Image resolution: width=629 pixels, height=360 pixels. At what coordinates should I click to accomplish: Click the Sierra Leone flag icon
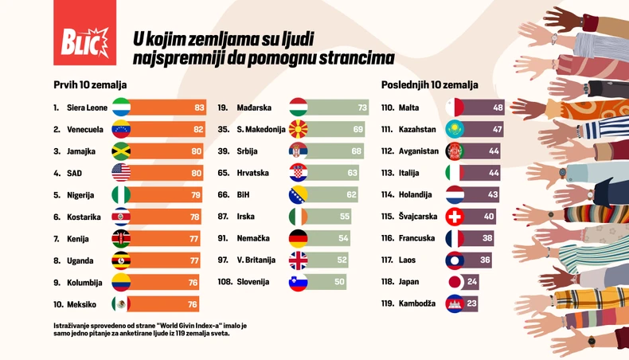coord(121,108)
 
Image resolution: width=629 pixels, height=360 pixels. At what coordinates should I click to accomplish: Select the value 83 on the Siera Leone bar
coord(199,108)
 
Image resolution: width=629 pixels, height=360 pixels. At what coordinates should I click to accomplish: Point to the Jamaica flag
coord(121,151)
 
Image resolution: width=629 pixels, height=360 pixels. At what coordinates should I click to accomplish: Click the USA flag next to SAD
coord(121,173)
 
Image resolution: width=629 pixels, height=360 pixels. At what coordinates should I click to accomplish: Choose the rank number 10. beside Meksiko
coord(58,303)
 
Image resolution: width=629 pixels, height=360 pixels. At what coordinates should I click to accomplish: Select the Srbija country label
coord(249,151)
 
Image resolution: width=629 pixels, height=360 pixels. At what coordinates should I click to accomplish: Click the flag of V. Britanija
coord(298,260)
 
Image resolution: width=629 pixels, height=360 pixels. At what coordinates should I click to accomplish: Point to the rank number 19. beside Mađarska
coord(223,108)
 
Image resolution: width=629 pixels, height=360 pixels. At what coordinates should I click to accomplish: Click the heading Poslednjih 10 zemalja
coord(429,84)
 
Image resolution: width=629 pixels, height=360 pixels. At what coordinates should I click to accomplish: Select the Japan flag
coord(455,282)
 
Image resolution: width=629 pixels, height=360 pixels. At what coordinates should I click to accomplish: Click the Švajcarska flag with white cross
coord(455,217)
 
